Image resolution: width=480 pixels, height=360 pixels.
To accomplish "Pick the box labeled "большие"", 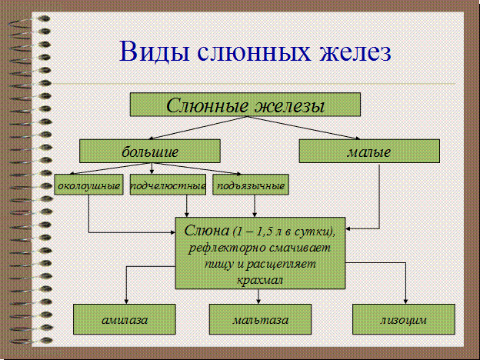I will (150, 150).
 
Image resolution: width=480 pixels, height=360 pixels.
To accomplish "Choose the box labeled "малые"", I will (368, 150).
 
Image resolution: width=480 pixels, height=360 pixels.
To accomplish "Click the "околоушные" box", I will (89, 186).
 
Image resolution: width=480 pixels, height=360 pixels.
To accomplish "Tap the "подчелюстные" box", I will (168, 186).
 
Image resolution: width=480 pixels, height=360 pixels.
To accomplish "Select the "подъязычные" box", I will (251, 186).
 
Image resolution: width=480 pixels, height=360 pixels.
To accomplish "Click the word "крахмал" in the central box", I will (262, 279).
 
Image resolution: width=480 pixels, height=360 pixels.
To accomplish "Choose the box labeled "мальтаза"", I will (261, 318).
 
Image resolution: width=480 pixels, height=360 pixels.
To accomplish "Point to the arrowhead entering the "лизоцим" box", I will (405, 301).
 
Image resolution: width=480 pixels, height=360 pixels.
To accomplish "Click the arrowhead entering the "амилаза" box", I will (126, 301).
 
